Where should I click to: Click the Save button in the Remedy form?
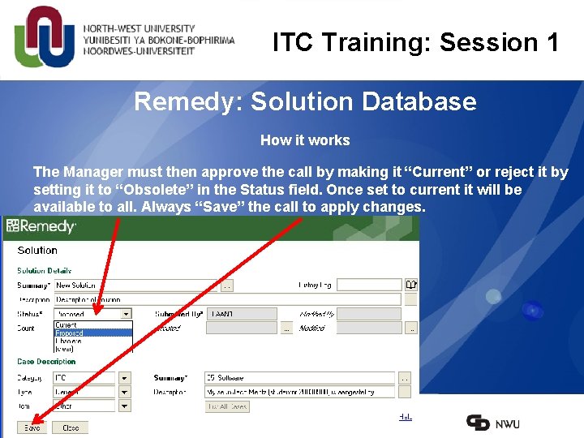pos(32,427)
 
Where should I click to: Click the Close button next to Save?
pos(71,427)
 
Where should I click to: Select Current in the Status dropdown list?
pos(66,325)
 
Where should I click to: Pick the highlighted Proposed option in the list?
pos(70,333)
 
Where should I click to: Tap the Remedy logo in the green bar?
pos(41,227)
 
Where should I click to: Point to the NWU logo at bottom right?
pos(493,423)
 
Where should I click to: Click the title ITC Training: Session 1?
pos(415,42)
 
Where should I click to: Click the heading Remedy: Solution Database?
pos(305,101)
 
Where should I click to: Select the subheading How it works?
pos(305,140)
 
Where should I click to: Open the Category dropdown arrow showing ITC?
pos(124,378)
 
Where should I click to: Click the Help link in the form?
pos(405,416)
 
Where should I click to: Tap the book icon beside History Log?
pos(411,285)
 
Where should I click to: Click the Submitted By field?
pos(242,314)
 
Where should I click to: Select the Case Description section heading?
pos(46,362)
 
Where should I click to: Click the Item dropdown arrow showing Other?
pos(124,406)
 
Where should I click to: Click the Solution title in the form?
pos(37,251)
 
